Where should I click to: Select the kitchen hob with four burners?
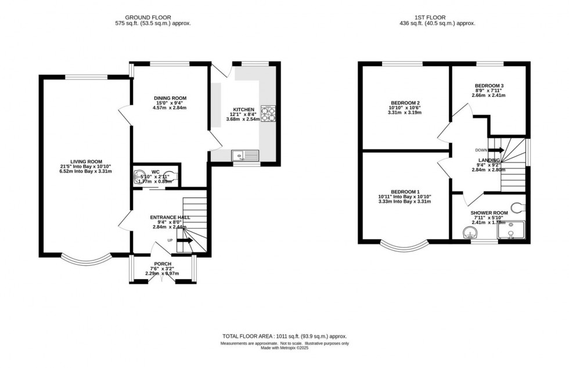pos(268,113)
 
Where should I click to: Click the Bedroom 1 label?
pos(405,192)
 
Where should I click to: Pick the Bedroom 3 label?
pos(489,86)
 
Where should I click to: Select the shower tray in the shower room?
pos(511,230)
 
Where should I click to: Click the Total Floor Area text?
pos(284,337)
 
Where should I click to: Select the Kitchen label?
pos(243,110)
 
